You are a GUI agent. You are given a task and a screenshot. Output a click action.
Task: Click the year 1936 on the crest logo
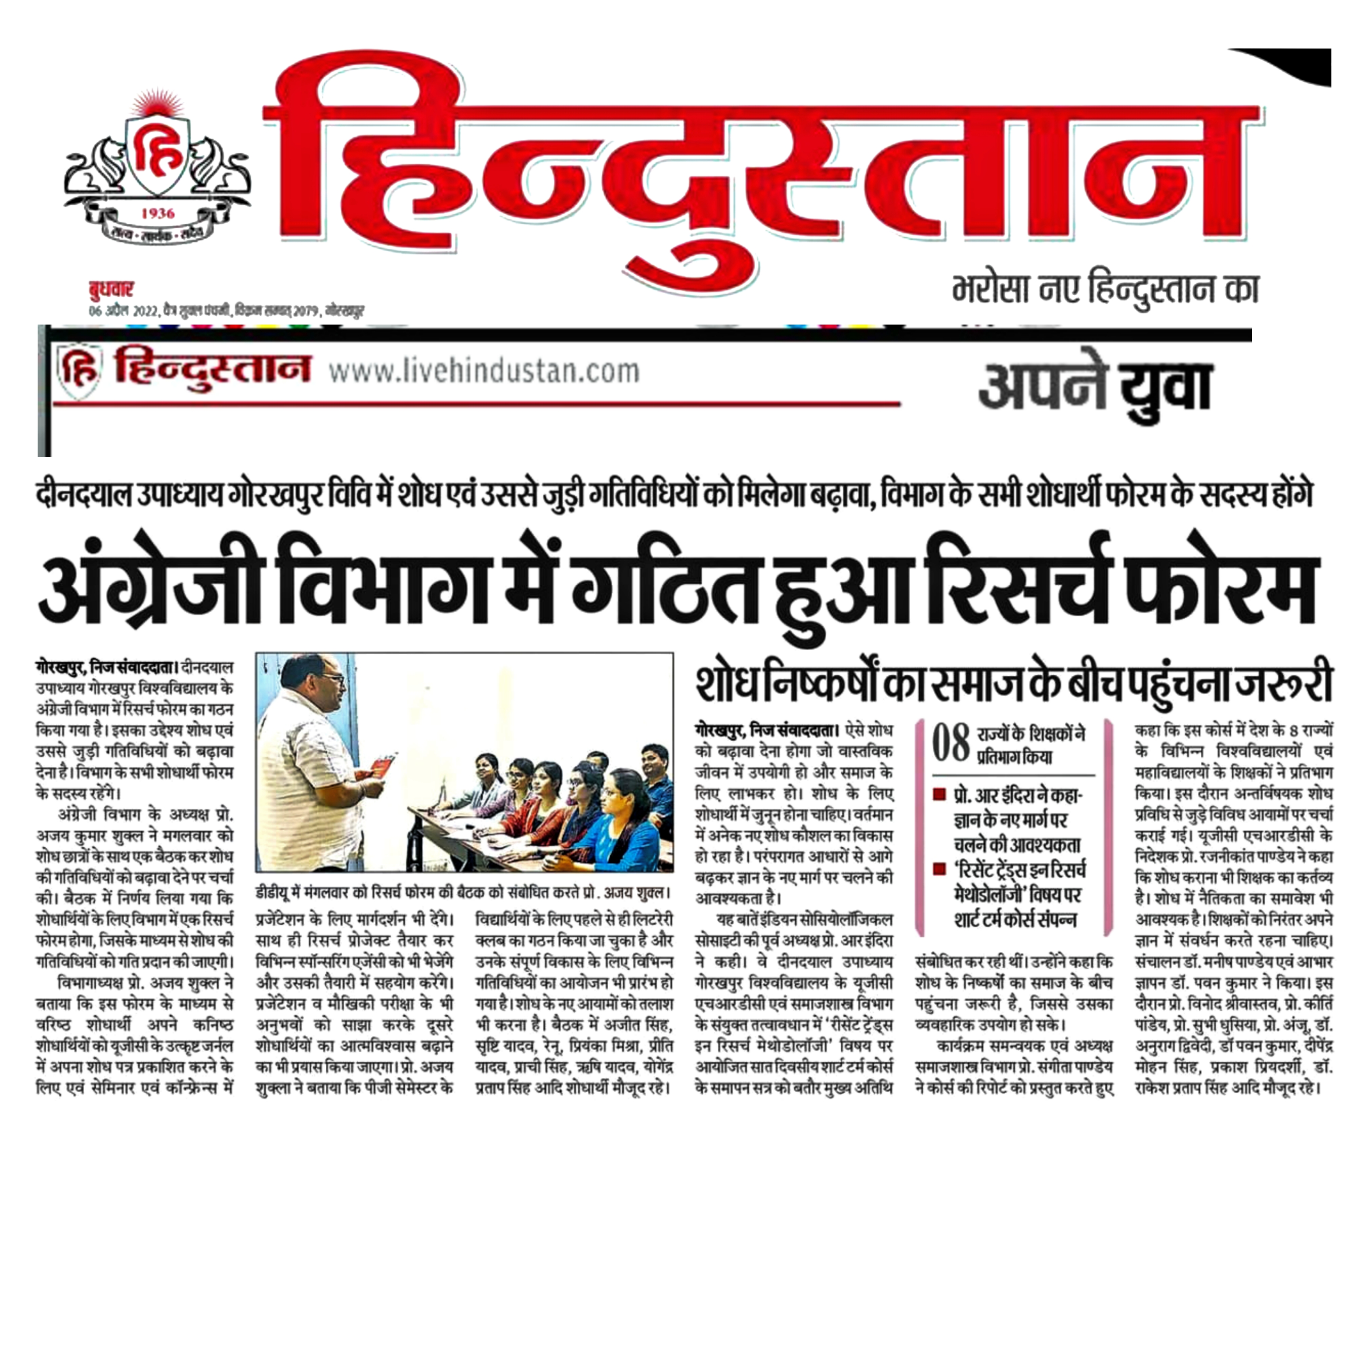pyautogui.click(x=158, y=213)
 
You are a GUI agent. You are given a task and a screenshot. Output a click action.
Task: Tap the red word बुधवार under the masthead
pyautogui.click(x=111, y=290)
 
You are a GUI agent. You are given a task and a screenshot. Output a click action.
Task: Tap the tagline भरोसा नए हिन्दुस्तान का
pyautogui.click(x=1105, y=290)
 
